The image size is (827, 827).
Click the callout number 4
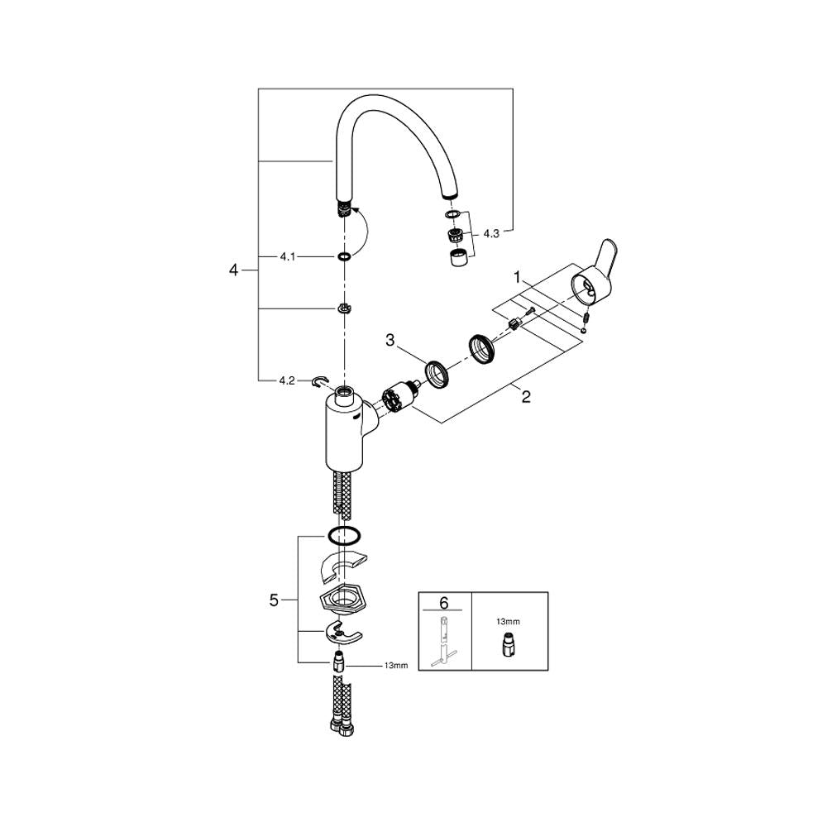point(234,270)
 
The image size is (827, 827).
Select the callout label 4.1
point(288,257)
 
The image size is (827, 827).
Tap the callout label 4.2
point(287,380)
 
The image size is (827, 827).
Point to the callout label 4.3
point(491,234)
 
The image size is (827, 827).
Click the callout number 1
point(518,276)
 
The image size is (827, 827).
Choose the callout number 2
point(526,397)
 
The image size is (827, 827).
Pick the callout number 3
point(390,341)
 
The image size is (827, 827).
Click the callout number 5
point(274,600)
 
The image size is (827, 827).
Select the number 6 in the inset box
point(443,602)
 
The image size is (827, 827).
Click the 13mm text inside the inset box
point(508,621)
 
